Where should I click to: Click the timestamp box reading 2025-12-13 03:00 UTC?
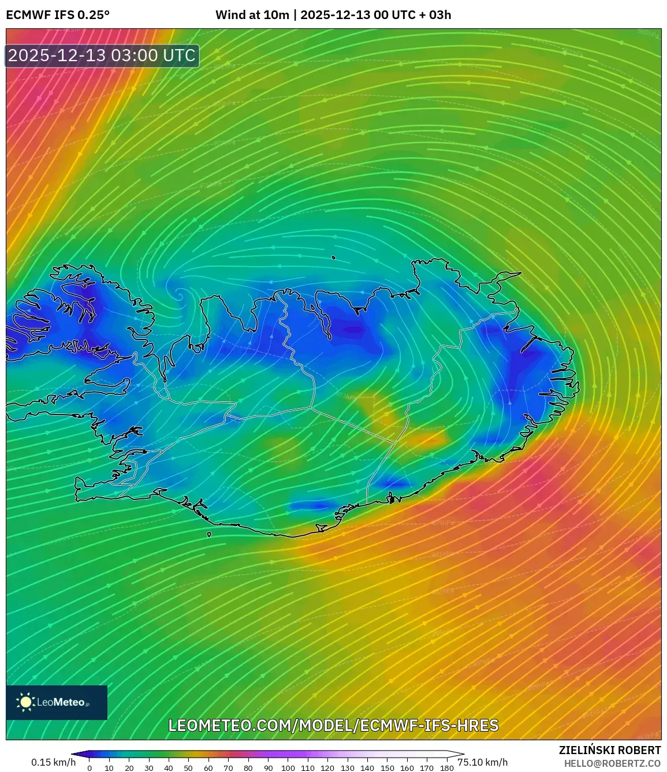[x=102, y=55]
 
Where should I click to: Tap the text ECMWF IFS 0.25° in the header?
[x=58, y=15]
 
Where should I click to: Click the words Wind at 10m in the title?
[x=252, y=15]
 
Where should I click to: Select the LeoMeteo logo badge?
[x=57, y=702]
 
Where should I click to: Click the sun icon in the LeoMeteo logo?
[x=26, y=702]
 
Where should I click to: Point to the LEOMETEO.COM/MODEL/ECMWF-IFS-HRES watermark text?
[x=333, y=725]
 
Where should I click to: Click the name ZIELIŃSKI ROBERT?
[x=610, y=750]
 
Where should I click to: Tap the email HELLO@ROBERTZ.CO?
[x=612, y=763]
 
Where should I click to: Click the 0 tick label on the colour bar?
[x=89, y=768]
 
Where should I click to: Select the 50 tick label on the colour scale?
[x=188, y=768]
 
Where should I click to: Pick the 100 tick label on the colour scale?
[x=288, y=768]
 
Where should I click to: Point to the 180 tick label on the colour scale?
[x=446, y=768]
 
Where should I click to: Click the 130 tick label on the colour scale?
[x=347, y=768]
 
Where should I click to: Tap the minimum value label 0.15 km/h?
[x=53, y=762]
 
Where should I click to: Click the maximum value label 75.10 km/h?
[x=483, y=762]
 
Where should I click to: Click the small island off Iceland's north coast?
[x=334, y=258]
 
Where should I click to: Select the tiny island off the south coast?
[x=209, y=534]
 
